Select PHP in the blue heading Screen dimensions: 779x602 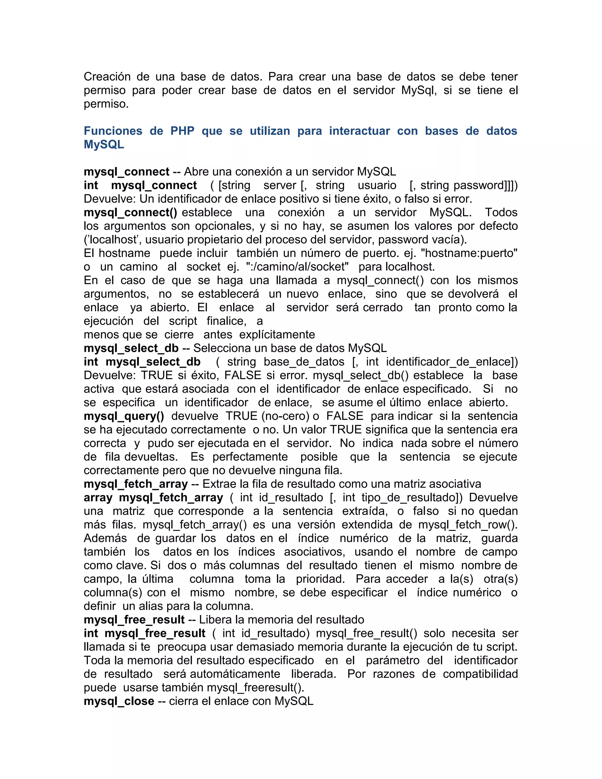click(182, 131)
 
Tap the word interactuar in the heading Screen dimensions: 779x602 click(359, 131)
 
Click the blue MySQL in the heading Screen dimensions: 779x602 click(104, 144)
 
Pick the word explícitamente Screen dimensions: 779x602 click(277, 335)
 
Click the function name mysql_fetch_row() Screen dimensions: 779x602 click(468, 525)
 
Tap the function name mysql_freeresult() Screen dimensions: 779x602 click(255, 687)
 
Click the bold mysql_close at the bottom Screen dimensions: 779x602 click(119, 701)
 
